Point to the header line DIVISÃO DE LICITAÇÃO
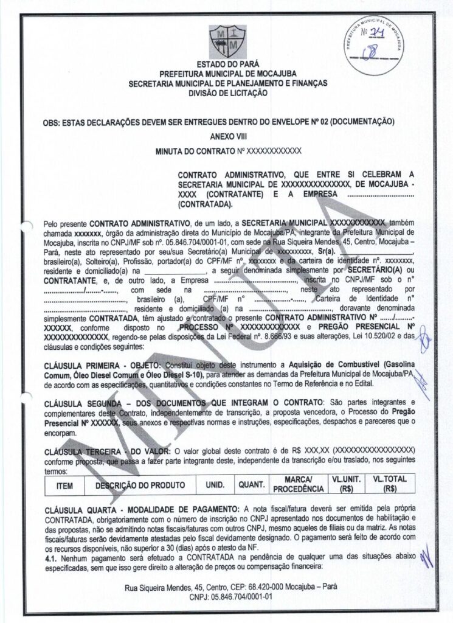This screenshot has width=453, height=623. (x=227, y=92)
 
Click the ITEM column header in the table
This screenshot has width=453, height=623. (x=64, y=487)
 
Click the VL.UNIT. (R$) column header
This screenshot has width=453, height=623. (x=347, y=484)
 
